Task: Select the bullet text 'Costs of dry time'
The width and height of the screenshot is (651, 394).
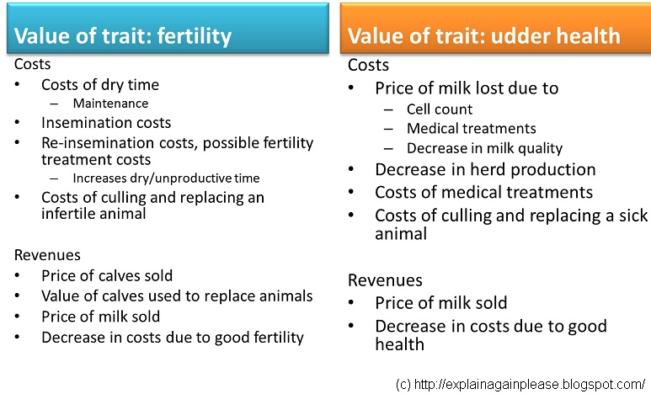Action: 99,85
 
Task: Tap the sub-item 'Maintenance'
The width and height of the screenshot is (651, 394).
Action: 110,104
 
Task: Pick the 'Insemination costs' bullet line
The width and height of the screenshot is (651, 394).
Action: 105,123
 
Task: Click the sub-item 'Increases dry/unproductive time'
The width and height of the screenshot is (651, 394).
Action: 166,178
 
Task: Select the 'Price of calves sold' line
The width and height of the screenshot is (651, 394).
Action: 106,275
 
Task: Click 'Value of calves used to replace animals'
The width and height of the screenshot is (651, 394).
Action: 177,296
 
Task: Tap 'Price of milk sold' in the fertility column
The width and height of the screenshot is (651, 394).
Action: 100,317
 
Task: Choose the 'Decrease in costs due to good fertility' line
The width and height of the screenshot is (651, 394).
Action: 172,338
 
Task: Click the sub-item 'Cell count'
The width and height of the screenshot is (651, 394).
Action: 439,109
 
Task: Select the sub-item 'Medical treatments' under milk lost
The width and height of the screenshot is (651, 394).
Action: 471,129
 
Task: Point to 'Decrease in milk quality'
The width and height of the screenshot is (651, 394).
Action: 484,149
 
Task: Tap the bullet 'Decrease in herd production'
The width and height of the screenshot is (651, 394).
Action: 485,170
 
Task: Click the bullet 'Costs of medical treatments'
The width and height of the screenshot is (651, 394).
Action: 483,193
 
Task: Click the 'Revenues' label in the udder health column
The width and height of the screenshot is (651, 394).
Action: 385,280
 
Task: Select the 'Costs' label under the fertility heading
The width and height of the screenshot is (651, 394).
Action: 33,65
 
